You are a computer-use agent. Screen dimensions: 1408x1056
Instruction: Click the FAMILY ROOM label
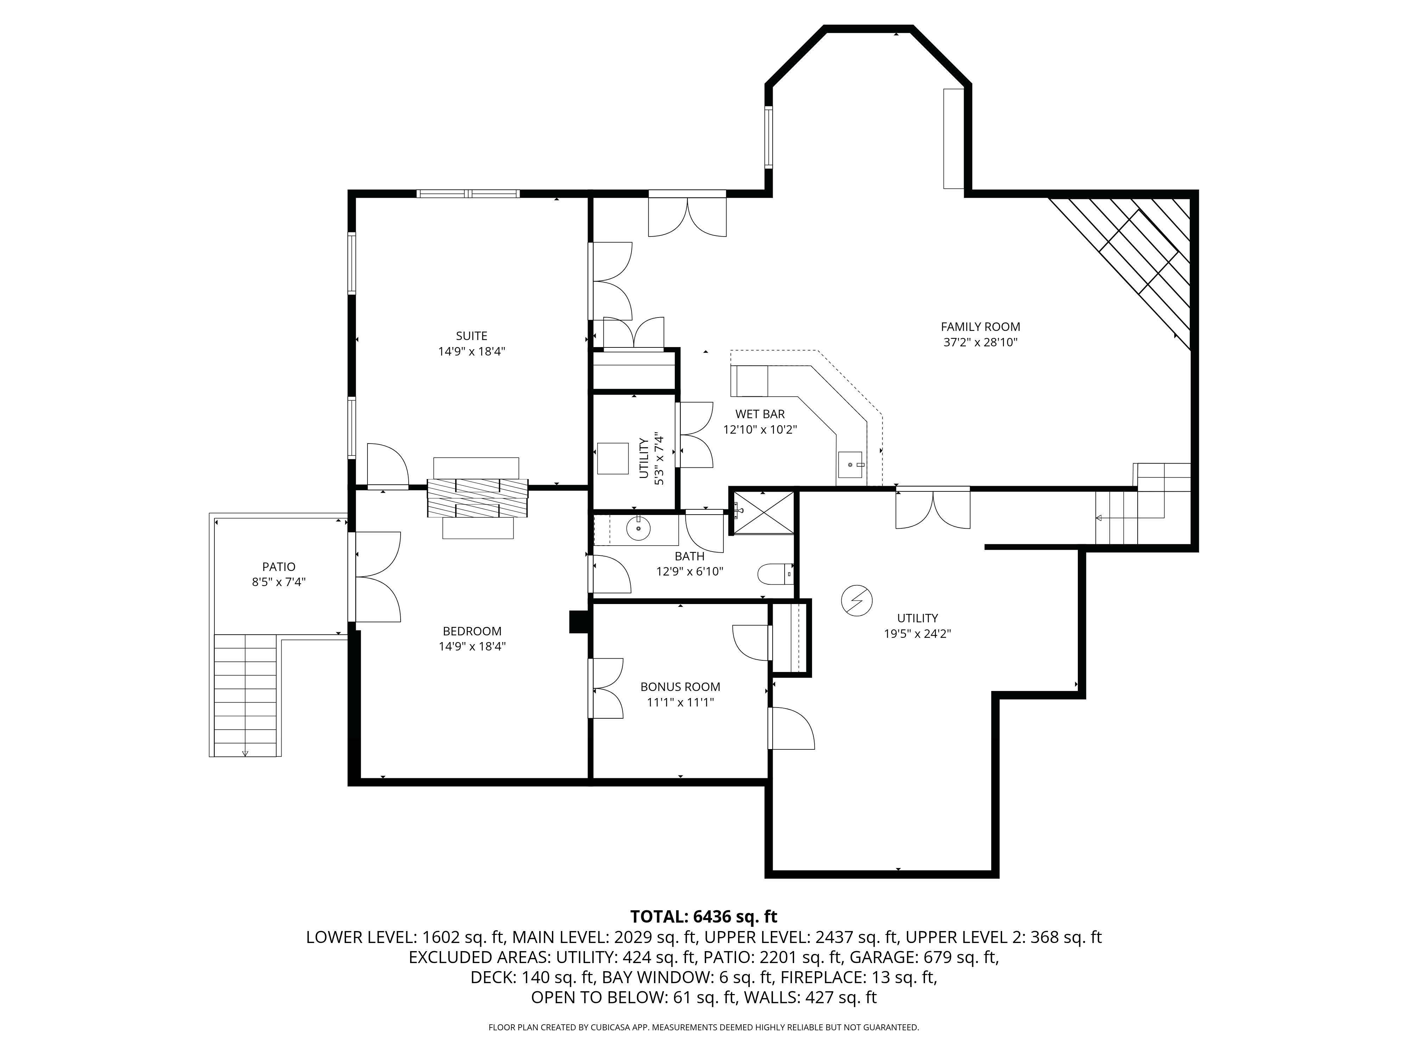click(x=980, y=327)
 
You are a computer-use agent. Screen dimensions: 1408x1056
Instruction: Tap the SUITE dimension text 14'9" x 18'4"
click(x=472, y=351)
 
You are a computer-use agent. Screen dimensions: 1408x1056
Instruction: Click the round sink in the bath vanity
click(x=639, y=528)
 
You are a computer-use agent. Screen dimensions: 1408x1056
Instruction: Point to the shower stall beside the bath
click(x=762, y=513)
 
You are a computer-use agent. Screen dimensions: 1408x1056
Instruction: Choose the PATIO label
click(x=279, y=566)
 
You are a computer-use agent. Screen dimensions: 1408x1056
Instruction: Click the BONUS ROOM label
click(x=680, y=687)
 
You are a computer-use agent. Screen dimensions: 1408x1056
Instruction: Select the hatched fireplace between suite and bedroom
click(x=477, y=498)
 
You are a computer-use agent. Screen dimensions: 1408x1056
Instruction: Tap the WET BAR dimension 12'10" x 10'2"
click(x=760, y=430)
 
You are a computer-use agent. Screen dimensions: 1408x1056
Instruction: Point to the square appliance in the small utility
click(x=613, y=458)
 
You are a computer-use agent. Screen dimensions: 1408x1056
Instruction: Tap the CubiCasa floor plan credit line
click(x=703, y=1027)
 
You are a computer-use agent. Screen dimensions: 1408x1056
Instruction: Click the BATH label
click(x=689, y=556)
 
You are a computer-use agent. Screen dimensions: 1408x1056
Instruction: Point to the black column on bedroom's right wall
click(x=579, y=622)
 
